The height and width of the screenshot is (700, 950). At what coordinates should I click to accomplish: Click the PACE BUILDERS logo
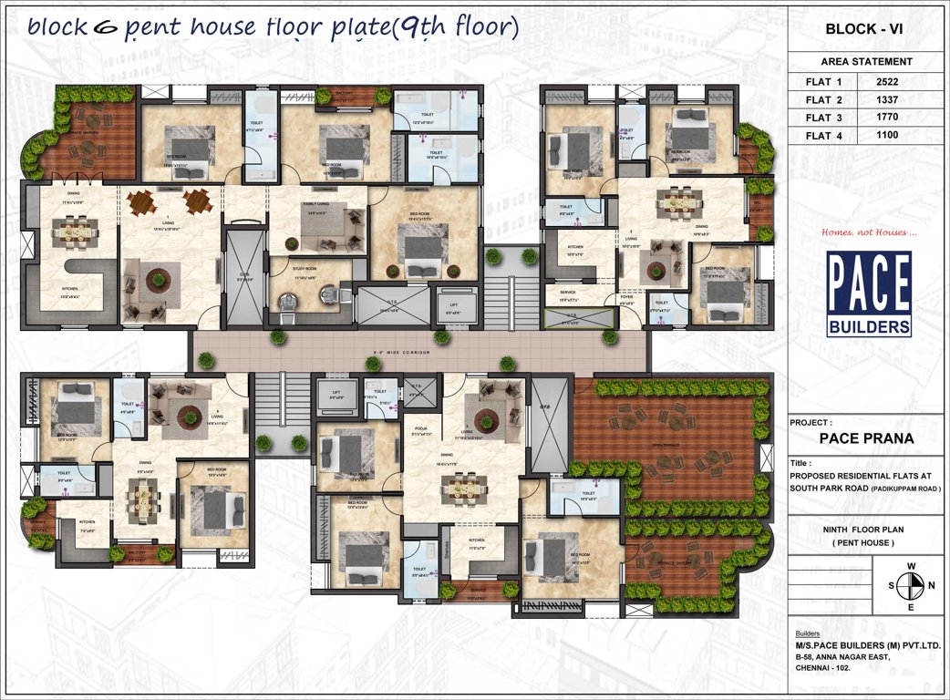coord(869,293)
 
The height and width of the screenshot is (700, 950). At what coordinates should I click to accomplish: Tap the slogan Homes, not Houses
coord(864,232)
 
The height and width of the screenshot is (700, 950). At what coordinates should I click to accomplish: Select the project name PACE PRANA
coord(866,437)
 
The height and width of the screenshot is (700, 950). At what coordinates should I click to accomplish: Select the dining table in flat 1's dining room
coord(68,233)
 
